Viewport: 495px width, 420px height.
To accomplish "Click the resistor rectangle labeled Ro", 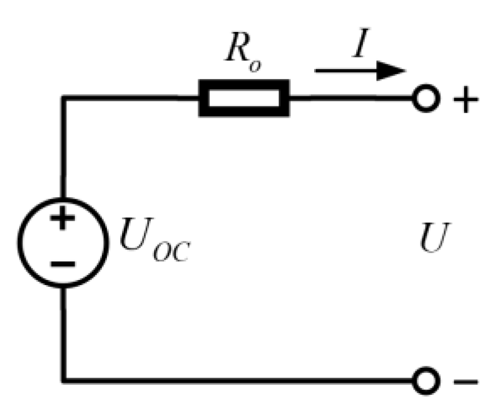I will (x=244, y=99).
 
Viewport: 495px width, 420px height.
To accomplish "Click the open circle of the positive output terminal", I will (x=424, y=99).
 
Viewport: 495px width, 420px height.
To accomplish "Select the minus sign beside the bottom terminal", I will (x=465, y=382).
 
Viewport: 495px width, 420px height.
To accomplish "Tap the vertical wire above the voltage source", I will (x=63, y=148).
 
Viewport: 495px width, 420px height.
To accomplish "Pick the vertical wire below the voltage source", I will (x=63, y=333).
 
